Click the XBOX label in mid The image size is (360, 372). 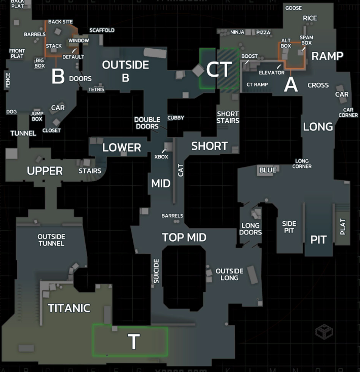[161, 157]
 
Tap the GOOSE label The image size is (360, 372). [294, 8]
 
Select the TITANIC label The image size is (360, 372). [69, 308]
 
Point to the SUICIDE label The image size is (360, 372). [157, 271]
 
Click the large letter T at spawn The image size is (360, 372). [133, 342]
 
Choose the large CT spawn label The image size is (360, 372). [220, 69]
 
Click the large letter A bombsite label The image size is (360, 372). [291, 84]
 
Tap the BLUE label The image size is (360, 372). [267, 170]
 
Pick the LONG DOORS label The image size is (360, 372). [250, 229]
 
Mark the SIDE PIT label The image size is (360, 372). [289, 227]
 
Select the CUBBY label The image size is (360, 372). [176, 118]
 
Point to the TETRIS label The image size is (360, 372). [96, 89]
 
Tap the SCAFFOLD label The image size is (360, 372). [102, 30]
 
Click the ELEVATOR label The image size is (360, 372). [271, 73]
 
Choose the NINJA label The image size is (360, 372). [237, 32]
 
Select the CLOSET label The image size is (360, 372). [52, 130]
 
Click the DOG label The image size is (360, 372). [11, 112]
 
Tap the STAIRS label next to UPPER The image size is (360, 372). [90, 171]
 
